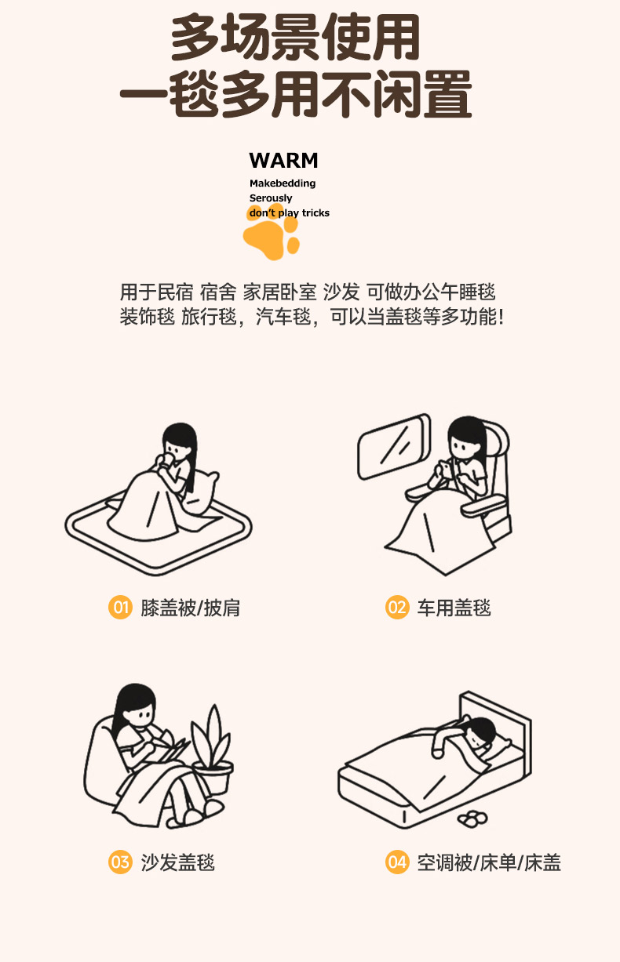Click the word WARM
click(x=283, y=161)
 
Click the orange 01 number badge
click(x=120, y=608)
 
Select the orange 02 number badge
click(x=397, y=608)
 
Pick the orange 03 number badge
click(x=120, y=862)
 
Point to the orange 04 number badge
click(x=397, y=862)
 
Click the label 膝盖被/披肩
click(x=191, y=608)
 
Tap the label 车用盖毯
click(x=454, y=608)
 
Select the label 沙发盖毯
click(x=177, y=862)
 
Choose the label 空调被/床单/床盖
click(x=489, y=862)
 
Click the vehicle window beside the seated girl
click(x=393, y=447)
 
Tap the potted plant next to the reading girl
click(x=212, y=750)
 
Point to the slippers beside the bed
click(x=472, y=818)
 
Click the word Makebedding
click(x=283, y=183)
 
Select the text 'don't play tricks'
click(x=290, y=213)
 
